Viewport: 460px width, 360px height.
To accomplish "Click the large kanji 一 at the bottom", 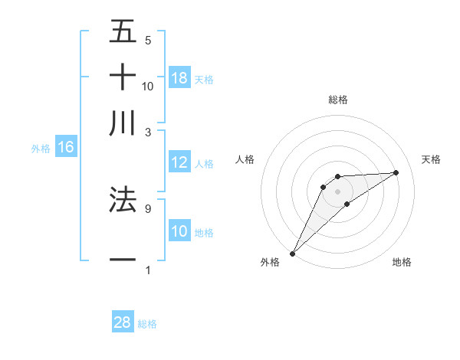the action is coord(123,261).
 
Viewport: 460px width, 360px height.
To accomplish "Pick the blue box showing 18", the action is coord(179,78).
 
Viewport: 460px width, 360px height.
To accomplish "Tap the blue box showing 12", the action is coord(179,162).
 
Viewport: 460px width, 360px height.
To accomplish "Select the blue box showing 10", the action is coord(179,231).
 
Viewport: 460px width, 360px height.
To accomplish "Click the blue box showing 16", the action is coord(66,147).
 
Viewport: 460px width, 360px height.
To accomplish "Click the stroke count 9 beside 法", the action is coord(148,208).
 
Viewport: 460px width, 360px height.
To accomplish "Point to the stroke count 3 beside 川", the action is coord(148,132).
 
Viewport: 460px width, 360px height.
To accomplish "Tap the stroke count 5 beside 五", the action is coord(148,40).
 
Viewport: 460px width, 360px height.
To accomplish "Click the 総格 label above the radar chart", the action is coord(338,100).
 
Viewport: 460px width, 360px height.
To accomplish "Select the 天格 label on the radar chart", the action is coord(432,159).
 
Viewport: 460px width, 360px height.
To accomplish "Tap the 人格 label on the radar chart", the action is coord(245,159).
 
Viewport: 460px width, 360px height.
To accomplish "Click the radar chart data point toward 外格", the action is coord(292,253).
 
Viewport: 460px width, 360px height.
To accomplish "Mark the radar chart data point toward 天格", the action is coord(396,172).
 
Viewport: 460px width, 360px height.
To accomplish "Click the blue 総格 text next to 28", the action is coord(147,324).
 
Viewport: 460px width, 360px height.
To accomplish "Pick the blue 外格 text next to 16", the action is coord(41,149).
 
